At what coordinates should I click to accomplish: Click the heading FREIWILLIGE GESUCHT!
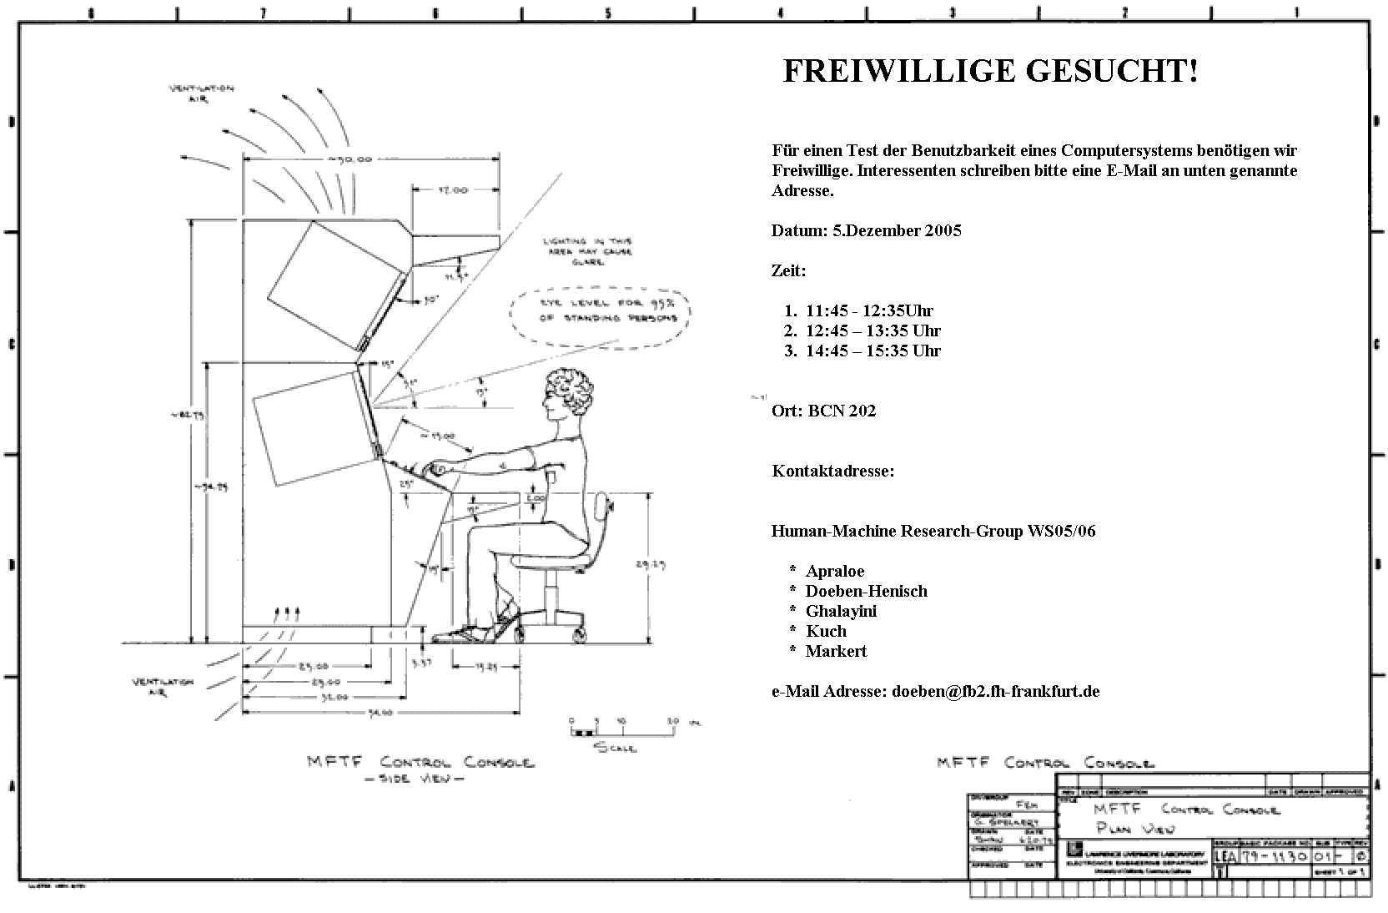990,72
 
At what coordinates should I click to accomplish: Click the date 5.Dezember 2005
897,231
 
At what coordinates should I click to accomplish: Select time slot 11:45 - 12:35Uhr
869,311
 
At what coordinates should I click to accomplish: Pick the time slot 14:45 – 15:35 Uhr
873,351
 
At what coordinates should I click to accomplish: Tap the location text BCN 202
842,411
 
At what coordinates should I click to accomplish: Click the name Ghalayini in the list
841,612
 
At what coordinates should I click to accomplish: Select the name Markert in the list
836,652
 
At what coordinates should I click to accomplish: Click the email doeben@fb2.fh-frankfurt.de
995,692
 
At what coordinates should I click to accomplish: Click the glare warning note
587,250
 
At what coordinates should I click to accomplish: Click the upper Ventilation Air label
202,93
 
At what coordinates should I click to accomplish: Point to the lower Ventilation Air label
163,687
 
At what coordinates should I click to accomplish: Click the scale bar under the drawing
621,732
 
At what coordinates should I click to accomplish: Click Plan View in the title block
1134,828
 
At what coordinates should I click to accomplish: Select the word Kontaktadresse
832,472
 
